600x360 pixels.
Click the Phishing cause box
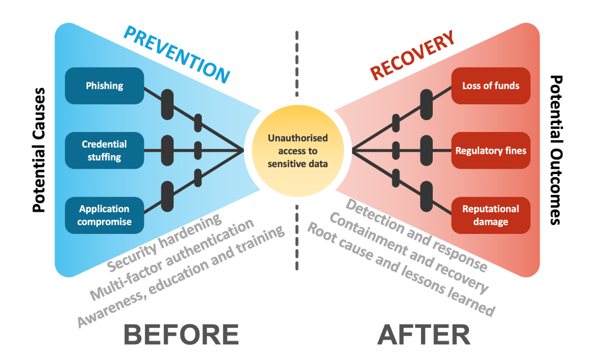click(104, 86)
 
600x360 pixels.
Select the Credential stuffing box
click(104, 150)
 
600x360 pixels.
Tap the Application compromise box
click(104, 215)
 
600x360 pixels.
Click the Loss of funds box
click(490, 86)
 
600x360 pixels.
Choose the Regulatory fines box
click(490, 151)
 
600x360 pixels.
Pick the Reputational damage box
click(490, 215)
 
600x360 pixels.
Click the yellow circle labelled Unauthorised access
click(297, 151)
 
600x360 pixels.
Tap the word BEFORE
click(181, 335)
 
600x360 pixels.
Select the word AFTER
click(423, 335)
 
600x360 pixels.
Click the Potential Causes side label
click(39, 150)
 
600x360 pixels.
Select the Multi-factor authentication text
click(172, 259)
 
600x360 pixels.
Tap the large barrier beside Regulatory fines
click(426, 151)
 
